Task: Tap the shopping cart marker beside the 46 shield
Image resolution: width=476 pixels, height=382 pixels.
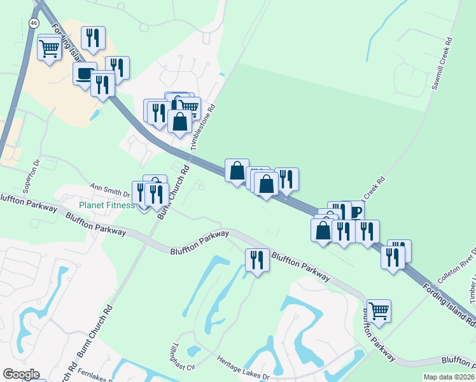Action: [50, 48]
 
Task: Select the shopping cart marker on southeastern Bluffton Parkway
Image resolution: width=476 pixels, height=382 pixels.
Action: [379, 311]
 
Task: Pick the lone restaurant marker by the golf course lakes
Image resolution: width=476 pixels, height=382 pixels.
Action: [257, 260]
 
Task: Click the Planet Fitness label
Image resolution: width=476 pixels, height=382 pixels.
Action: [106, 205]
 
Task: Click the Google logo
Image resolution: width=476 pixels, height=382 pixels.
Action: [21, 374]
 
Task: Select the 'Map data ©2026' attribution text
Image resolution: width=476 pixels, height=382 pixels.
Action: [448, 377]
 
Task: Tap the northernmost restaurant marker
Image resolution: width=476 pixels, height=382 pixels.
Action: [94, 39]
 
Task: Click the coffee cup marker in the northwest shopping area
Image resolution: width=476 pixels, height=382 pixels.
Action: [84, 74]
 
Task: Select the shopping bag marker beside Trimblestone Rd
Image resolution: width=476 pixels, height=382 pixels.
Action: [180, 122]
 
